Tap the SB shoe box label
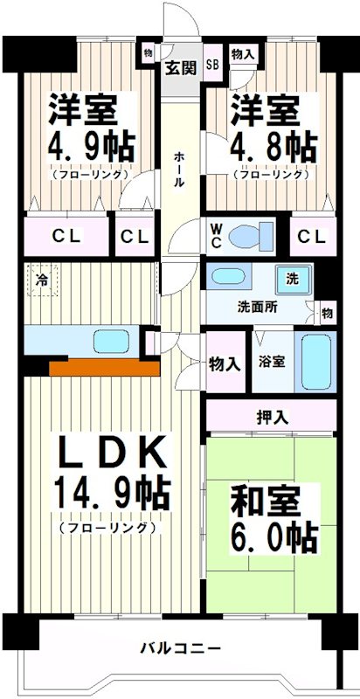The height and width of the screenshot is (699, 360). pyautogui.click(x=212, y=64)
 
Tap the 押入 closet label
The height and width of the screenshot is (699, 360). pyautogui.click(x=272, y=417)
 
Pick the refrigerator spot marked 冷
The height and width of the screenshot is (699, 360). pyautogui.click(x=42, y=280)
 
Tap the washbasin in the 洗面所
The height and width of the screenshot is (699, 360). pyautogui.click(x=230, y=277)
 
